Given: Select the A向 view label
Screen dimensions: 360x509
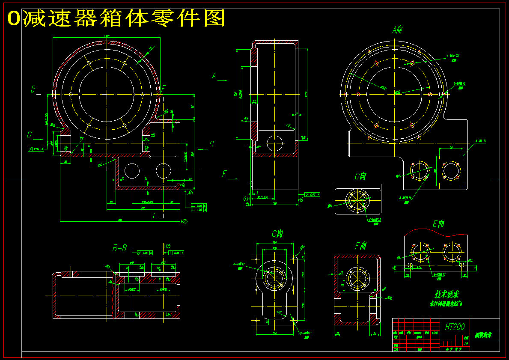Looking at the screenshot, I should (397, 30).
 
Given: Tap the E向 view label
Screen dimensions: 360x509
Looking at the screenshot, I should (438, 224).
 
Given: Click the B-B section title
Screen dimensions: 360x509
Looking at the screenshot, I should (119, 248).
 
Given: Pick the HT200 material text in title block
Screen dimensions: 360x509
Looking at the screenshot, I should (455, 327).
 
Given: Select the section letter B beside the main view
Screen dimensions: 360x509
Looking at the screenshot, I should (33, 89).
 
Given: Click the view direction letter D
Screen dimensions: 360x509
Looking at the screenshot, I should (29, 135).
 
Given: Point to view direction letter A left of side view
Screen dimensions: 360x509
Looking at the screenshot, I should (214, 76).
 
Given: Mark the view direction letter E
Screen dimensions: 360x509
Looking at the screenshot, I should (223, 174).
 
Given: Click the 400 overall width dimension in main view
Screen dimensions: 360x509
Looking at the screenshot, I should (120, 220).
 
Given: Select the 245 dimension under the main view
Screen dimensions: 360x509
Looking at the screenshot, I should (143, 208).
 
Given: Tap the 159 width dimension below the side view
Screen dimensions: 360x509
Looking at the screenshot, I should (274, 204).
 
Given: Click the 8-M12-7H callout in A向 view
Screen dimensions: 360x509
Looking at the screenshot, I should (452, 56).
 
